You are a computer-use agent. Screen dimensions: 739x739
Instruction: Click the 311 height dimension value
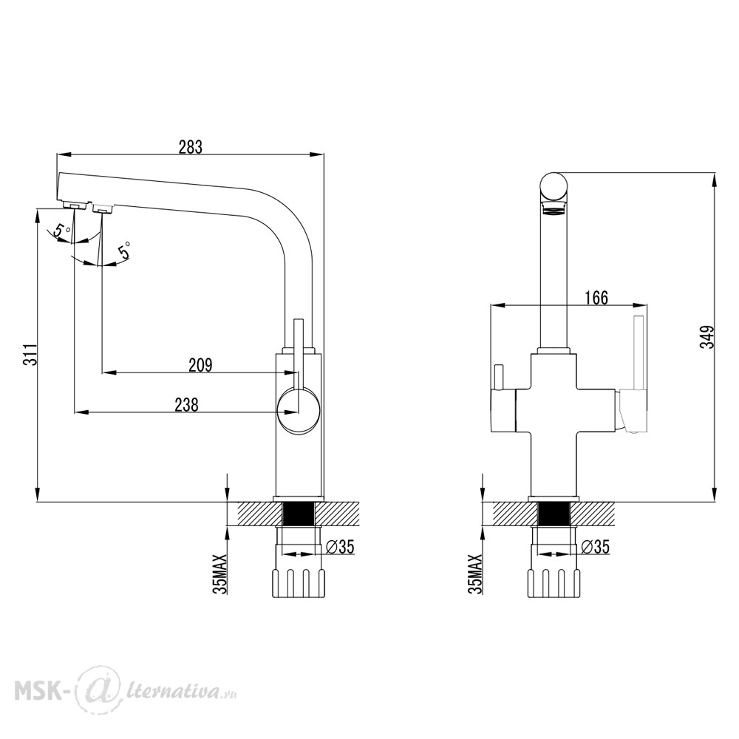coord(30,355)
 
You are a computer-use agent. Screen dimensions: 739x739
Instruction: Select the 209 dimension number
coord(201,365)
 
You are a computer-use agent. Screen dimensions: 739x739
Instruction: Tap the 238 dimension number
coord(187,405)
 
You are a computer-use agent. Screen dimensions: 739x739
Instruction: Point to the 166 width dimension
coord(596,298)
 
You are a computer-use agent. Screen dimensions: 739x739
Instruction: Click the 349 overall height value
coord(707,336)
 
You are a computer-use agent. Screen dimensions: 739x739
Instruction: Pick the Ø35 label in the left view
coord(340,547)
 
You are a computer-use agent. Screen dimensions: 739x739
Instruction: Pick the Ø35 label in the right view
coord(595,547)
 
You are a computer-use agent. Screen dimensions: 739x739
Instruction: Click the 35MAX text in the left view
coord(220,573)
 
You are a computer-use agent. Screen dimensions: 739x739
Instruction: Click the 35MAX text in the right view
coord(475,573)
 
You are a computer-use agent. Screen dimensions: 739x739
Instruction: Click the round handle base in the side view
coord(299,409)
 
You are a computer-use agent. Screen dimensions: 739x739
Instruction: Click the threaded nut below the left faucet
coord(299,584)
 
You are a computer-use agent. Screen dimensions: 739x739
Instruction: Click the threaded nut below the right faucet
coord(554,584)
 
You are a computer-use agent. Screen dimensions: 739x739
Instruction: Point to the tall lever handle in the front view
coord(638,353)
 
